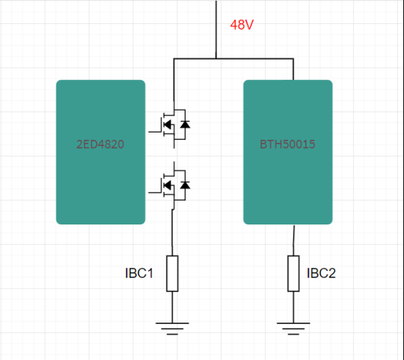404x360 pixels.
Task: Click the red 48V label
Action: pyautogui.click(x=242, y=25)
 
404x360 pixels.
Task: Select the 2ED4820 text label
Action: pyautogui.click(x=100, y=144)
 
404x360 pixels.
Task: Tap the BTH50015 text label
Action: pyautogui.click(x=287, y=144)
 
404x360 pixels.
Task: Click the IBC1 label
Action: pyautogui.click(x=139, y=273)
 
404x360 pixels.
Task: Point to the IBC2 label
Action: pyautogui.click(x=321, y=273)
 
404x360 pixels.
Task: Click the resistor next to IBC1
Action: pyautogui.click(x=172, y=274)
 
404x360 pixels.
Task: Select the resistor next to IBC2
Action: pyautogui.click(x=293, y=274)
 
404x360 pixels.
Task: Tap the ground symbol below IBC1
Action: pyautogui.click(x=172, y=328)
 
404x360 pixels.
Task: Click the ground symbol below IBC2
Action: pyautogui.click(x=293, y=328)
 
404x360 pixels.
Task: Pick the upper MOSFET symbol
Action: pyautogui.click(x=170, y=125)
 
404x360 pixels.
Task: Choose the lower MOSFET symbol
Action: pyautogui.click(x=170, y=186)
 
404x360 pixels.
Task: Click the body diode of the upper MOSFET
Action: pyautogui.click(x=185, y=124)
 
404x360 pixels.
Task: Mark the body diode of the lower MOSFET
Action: pyautogui.click(x=185, y=185)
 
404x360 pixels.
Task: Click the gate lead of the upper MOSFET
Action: pyautogui.click(x=155, y=132)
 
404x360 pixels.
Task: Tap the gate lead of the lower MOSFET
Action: pyautogui.click(x=155, y=193)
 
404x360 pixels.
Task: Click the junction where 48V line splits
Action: pyautogui.click(x=216, y=59)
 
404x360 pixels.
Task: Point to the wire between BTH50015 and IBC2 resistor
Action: pyautogui.click(x=294, y=240)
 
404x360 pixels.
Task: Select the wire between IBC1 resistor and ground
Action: pyautogui.click(x=172, y=307)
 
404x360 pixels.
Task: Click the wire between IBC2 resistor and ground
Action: pyautogui.click(x=293, y=307)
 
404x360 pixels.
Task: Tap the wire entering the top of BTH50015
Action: pyautogui.click(x=293, y=69)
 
